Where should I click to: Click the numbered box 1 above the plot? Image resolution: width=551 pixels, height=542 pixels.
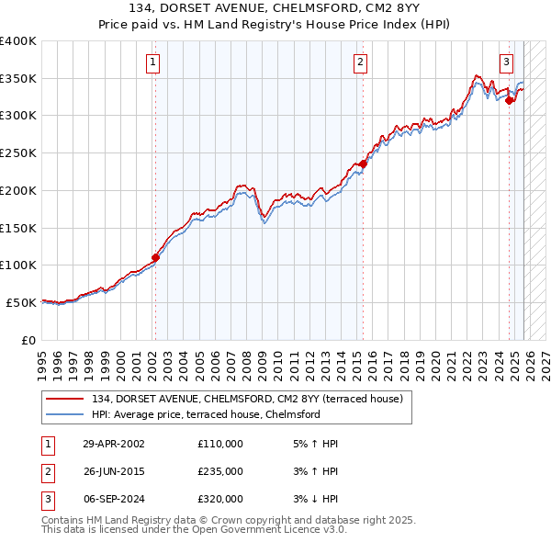[x=152, y=62]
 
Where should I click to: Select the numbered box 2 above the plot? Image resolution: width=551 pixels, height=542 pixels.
[x=360, y=62]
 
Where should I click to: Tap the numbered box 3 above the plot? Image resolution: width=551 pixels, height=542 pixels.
[x=506, y=62]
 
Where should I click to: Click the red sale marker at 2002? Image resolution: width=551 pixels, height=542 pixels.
[x=155, y=257]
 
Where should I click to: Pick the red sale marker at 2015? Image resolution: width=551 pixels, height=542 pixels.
[x=363, y=164]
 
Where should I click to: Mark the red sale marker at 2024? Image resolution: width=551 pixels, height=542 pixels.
[x=509, y=101]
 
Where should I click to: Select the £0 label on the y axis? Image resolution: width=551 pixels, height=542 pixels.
[x=28, y=339]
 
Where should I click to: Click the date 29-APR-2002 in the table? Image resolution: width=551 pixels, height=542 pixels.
[x=114, y=444]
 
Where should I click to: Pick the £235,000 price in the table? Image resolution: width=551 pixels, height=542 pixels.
[x=220, y=471]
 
